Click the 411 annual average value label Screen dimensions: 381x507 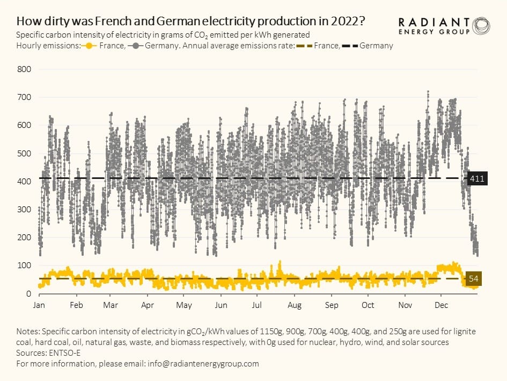coord(477,179)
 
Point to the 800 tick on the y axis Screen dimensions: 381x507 coord(25,69)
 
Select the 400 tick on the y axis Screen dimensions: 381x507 coord(25,182)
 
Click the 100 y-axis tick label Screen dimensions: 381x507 coord(25,265)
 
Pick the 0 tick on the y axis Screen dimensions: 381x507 coord(28,293)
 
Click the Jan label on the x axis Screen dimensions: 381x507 coord(39,305)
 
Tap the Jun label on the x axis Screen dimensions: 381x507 coord(221,305)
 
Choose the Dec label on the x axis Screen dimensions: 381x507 coord(441,305)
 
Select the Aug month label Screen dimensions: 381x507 coord(294,305)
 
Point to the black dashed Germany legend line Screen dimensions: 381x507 coord(350,46)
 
